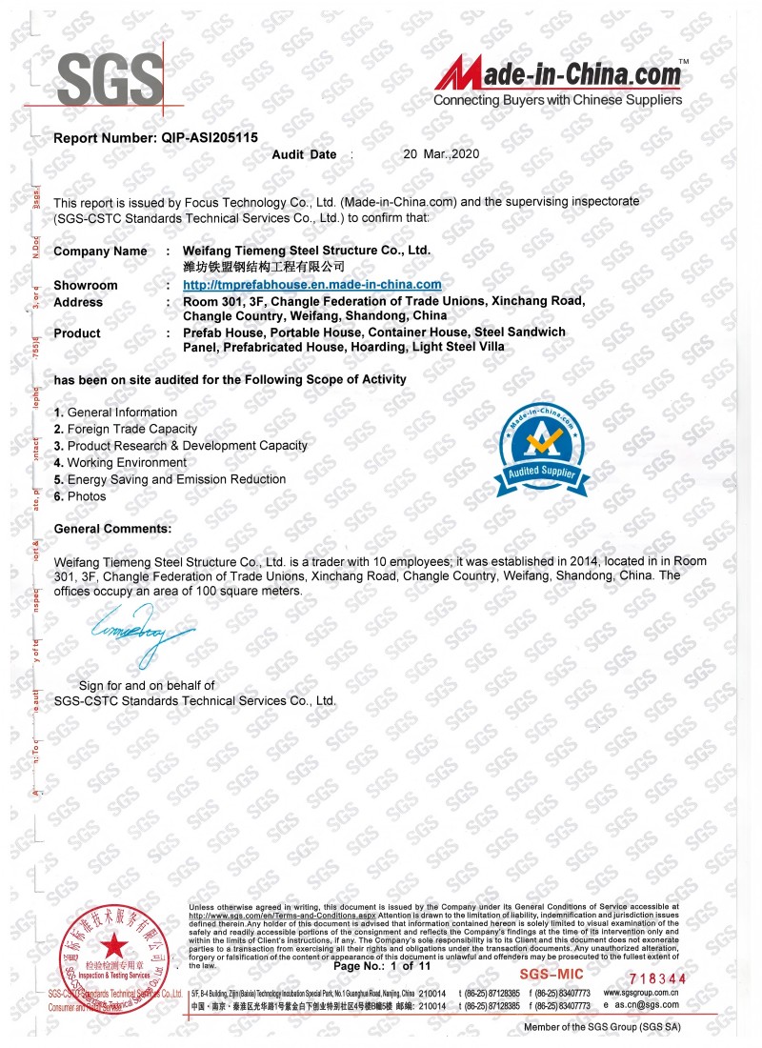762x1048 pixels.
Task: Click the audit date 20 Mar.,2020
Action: click(x=439, y=153)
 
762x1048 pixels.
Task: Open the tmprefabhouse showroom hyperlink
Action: click(x=311, y=285)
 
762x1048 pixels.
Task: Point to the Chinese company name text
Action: click(x=263, y=268)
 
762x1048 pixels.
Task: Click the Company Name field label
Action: click(x=100, y=252)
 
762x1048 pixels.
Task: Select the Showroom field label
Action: click(x=86, y=286)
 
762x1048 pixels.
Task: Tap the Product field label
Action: click(x=77, y=333)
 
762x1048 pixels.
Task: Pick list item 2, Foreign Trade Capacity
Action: click(x=126, y=429)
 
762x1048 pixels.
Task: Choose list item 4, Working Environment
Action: click(x=120, y=462)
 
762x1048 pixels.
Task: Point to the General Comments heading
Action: click(x=112, y=528)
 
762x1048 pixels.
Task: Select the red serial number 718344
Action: click(x=658, y=978)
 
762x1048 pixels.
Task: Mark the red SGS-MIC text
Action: click(x=551, y=975)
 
